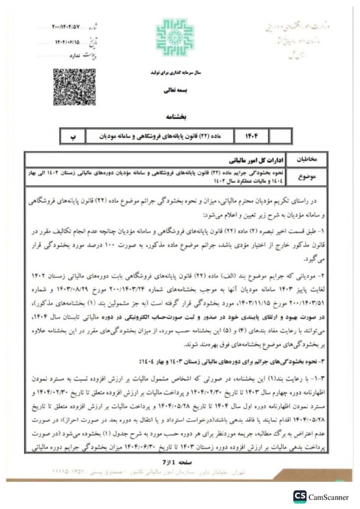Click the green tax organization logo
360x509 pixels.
175,37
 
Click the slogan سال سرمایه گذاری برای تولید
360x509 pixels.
175,73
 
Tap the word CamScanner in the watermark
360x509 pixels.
329,497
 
